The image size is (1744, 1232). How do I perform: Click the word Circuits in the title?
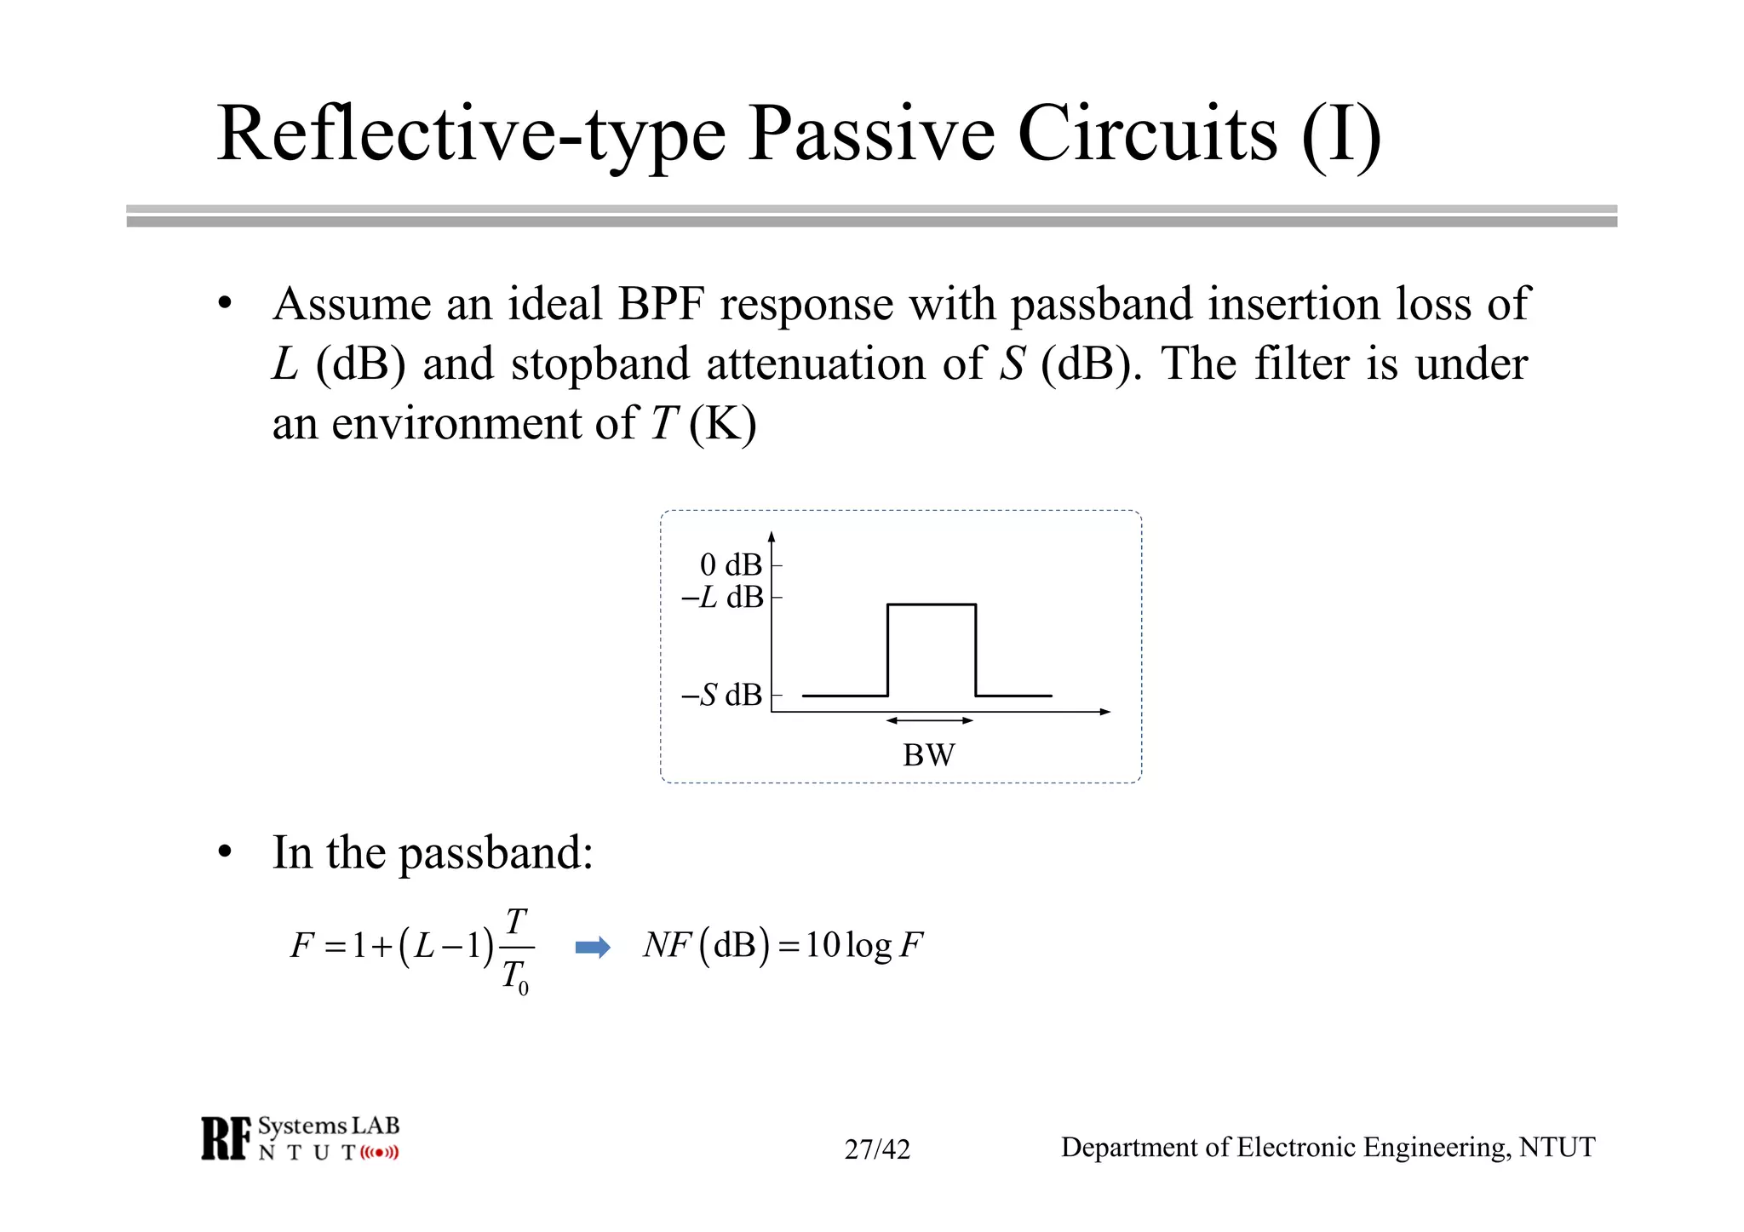pyautogui.click(x=1147, y=135)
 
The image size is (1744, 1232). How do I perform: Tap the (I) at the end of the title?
pyautogui.click(x=1340, y=135)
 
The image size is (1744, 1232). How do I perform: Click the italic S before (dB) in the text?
pyautogui.click(x=1011, y=364)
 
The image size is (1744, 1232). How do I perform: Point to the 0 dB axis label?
pyautogui.click(x=730, y=564)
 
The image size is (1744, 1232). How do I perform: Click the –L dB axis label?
pyautogui.click(x=722, y=598)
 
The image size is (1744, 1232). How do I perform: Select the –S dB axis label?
pyautogui.click(x=721, y=695)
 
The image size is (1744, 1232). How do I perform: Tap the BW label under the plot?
pyautogui.click(x=928, y=755)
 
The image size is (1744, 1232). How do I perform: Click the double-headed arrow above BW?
pyautogui.click(x=929, y=720)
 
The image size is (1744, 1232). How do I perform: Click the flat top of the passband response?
pyautogui.click(x=931, y=605)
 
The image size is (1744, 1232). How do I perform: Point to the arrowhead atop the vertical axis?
pyautogui.click(x=772, y=536)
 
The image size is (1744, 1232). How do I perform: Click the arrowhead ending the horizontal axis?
pyautogui.click(x=1105, y=712)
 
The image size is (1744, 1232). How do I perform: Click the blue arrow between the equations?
pyautogui.click(x=593, y=948)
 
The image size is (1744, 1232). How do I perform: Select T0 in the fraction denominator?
pyautogui.click(x=515, y=977)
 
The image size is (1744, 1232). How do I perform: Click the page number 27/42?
pyautogui.click(x=877, y=1149)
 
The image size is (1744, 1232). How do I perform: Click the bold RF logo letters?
pyautogui.click(x=227, y=1138)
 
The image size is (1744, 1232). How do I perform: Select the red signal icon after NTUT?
pyautogui.click(x=379, y=1153)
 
